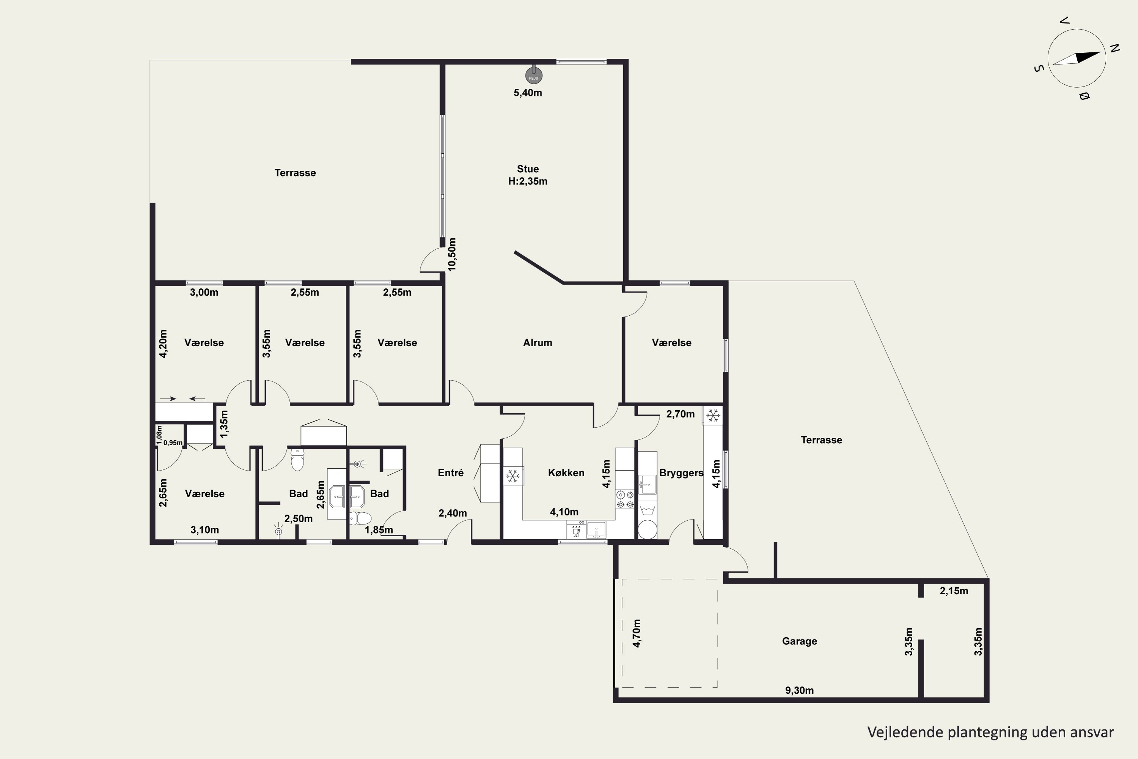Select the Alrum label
(x=538, y=343)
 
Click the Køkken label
(x=566, y=473)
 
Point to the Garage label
(x=799, y=641)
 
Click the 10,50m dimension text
(x=452, y=255)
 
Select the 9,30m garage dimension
(x=799, y=691)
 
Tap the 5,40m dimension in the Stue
(x=528, y=93)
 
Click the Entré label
(x=451, y=473)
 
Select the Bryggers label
(x=681, y=473)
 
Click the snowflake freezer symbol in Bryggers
(x=713, y=415)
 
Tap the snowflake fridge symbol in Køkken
(x=512, y=476)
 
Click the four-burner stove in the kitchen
(x=625, y=499)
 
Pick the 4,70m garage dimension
(x=637, y=633)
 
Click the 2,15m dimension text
(x=954, y=591)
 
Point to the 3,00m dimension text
(x=204, y=292)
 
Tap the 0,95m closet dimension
(x=173, y=442)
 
